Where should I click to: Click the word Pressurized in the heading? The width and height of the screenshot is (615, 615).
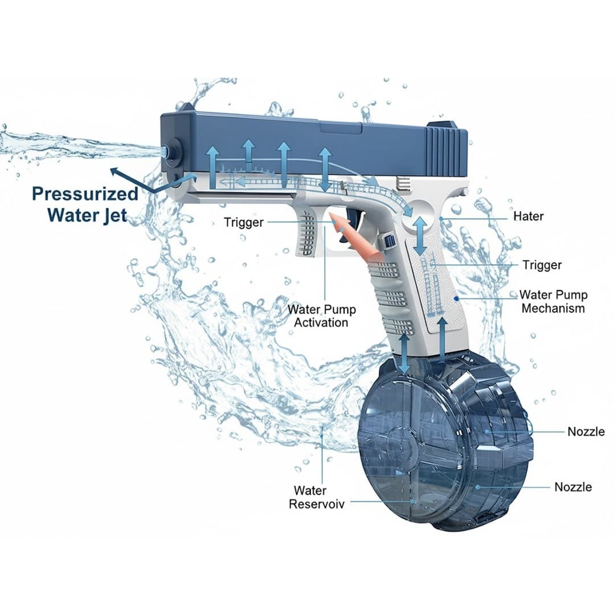(x=85, y=194)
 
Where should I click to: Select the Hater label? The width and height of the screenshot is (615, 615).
(x=528, y=216)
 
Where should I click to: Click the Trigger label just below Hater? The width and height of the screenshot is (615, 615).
(x=542, y=265)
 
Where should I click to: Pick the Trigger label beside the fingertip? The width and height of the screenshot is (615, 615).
(x=244, y=223)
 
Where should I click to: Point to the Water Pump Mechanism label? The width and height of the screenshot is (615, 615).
(x=553, y=301)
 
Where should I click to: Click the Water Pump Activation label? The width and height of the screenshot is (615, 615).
(x=321, y=315)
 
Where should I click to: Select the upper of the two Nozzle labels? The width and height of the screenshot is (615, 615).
(x=586, y=432)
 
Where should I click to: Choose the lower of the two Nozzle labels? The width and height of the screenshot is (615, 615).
(x=573, y=487)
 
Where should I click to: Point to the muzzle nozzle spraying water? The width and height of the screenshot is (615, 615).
(x=170, y=151)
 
